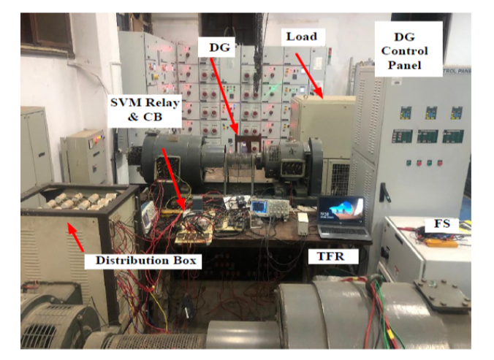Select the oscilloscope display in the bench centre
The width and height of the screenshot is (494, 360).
point(260,207)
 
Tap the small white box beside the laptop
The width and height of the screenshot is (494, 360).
point(303,222)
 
